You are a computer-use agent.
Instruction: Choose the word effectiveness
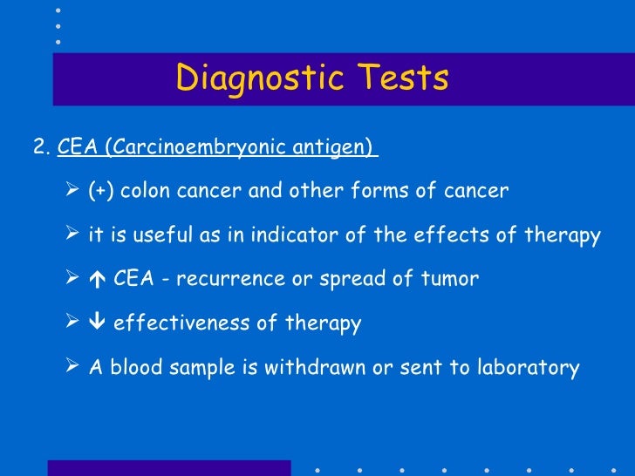point(182,324)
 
